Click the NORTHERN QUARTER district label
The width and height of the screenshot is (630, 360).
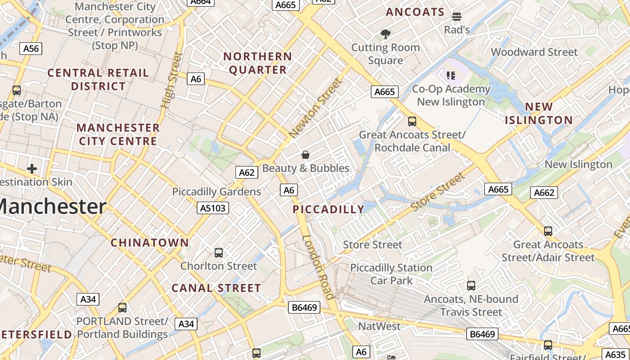coord(258,63)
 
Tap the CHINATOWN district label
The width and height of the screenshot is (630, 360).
coord(150,243)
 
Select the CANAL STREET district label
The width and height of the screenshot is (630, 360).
coord(216,288)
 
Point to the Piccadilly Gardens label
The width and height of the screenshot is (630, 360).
coord(216,192)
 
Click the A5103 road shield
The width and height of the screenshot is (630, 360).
coord(213,208)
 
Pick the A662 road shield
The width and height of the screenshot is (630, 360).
coord(544,193)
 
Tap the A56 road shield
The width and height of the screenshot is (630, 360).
coord(31,49)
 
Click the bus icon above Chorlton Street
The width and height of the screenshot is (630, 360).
coord(219,253)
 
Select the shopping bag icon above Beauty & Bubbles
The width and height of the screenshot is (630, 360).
coord(306,155)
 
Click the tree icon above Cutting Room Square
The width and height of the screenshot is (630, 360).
coord(385,34)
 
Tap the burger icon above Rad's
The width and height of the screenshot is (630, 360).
coord(457,17)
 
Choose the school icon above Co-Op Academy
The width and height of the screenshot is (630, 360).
coord(450,76)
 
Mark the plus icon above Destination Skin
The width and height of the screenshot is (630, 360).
coord(31,169)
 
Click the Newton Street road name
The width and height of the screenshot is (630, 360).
coord(315,108)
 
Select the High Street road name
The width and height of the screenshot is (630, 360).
coord(172,81)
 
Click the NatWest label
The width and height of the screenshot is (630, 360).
coord(379,326)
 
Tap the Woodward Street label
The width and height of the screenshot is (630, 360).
coord(534,52)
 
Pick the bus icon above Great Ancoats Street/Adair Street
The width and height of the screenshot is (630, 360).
coord(548,231)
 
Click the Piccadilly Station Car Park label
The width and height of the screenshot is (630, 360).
coord(391,274)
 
